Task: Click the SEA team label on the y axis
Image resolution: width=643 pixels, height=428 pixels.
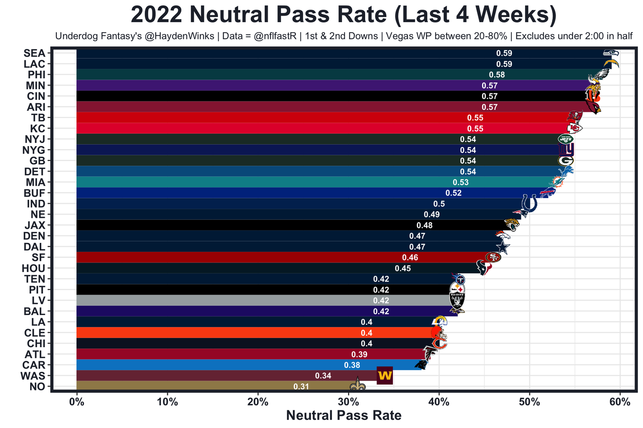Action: pyautogui.click(x=34, y=53)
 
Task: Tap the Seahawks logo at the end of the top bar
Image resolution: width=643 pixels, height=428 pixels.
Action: pyautogui.click(x=611, y=53)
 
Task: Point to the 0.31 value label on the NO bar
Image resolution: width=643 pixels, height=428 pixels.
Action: pyautogui.click(x=301, y=386)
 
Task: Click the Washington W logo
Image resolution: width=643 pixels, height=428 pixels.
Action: pyautogui.click(x=385, y=375)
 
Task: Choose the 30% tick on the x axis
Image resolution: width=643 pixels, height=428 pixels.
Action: pyautogui.click(x=348, y=402)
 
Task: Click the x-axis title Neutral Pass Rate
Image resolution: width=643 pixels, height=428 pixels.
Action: pyautogui.click(x=344, y=415)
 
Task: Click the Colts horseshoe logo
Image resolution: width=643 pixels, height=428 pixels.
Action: pyautogui.click(x=529, y=203)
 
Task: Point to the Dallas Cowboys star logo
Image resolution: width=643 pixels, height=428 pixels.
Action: pyautogui.click(x=503, y=247)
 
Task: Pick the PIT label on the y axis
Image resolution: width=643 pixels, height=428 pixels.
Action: pyautogui.click(x=37, y=290)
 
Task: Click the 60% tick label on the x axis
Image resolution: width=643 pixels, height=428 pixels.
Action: pyautogui.click(x=619, y=402)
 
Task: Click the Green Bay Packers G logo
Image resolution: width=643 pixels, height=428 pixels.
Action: pyautogui.click(x=566, y=161)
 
